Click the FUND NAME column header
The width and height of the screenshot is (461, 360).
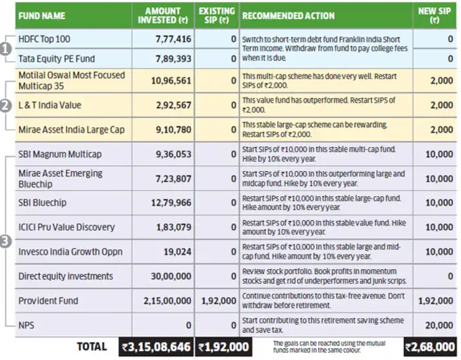coord(41,16)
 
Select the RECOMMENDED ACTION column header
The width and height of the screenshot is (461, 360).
coord(288,16)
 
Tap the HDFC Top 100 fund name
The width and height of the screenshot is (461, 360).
coord(44,39)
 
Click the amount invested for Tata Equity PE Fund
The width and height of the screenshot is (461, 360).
coord(173,59)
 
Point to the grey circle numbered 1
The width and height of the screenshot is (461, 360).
coord(5,49)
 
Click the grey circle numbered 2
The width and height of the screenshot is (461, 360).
coord(5,106)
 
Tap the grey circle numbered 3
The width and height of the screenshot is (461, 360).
coord(5,242)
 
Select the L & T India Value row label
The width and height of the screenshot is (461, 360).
coord(49,105)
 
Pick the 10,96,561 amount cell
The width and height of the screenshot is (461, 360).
coord(171,80)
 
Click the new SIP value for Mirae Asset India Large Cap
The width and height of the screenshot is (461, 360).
coord(442,130)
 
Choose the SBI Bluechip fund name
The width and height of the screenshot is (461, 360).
coord(42,203)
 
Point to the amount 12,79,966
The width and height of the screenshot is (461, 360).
coord(171,203)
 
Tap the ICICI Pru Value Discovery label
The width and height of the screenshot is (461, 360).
coord(67,227)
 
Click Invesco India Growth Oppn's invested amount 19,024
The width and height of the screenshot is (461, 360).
coord(177,251)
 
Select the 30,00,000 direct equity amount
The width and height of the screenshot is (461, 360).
coord(171,276)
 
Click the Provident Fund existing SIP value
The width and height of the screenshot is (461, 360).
coord(219,301)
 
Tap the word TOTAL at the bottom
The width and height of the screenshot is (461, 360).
coord(92,347)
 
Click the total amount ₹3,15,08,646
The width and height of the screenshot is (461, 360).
coord(156,347)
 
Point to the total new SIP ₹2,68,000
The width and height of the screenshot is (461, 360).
coord(430,347)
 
